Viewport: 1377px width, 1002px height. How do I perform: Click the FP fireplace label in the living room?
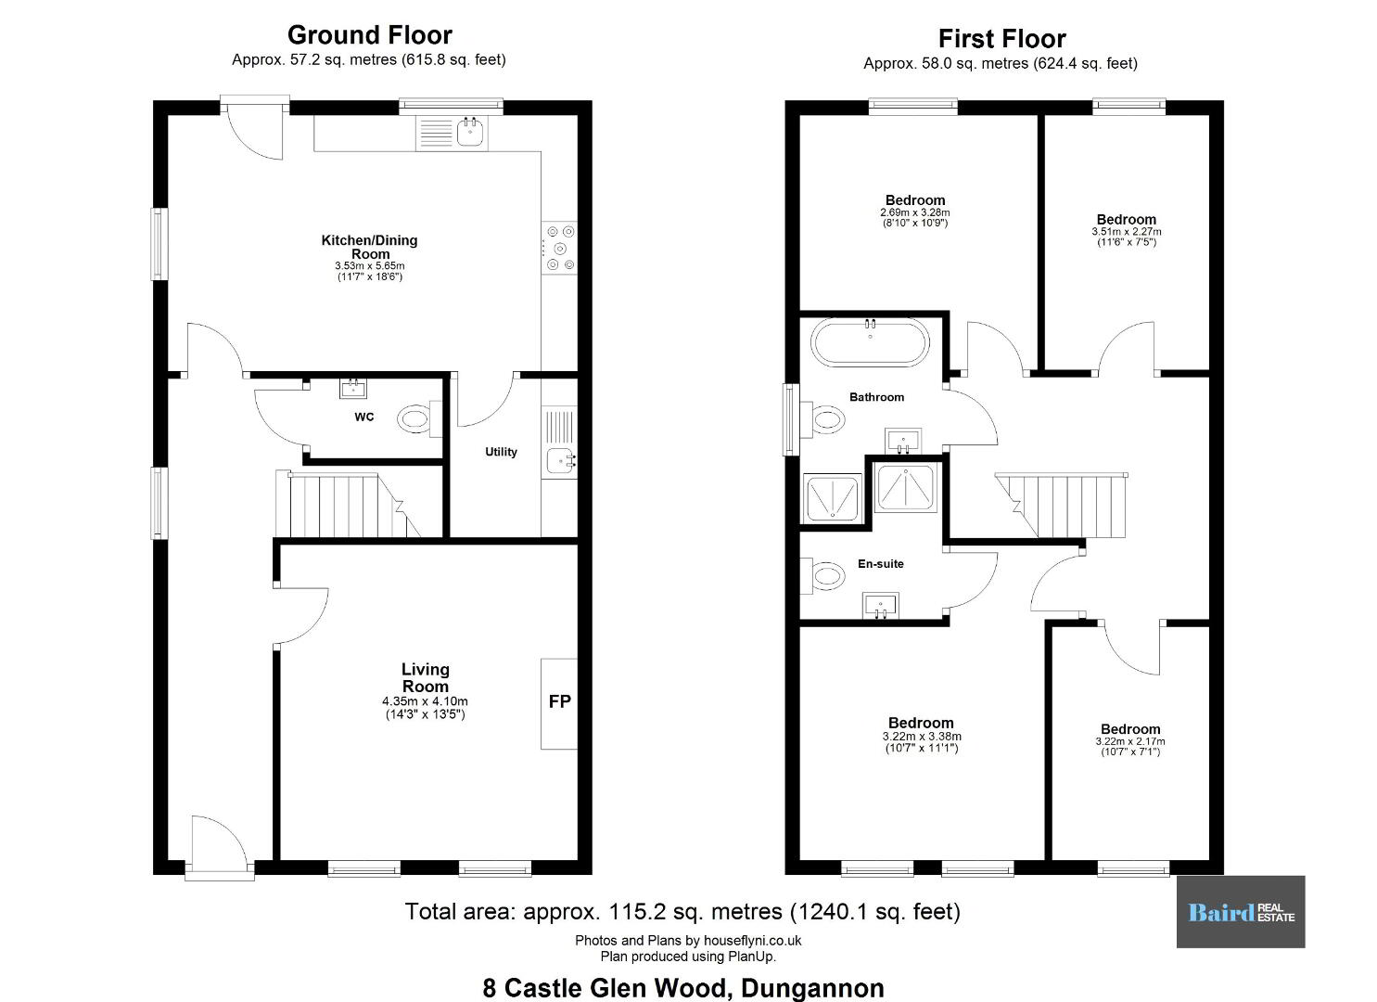[x=559, y=701]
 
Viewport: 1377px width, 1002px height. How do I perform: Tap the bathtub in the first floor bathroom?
[x=870, y=342]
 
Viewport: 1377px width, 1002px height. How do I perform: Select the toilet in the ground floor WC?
[x=420, y=419]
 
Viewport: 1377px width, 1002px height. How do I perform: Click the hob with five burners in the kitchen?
[x=559, y=248]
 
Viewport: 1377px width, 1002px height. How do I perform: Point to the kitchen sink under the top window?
[x=470, y=133]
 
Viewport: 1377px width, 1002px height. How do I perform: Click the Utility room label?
[x=501, y=452]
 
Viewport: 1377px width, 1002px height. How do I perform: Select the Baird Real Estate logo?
[x=1241, y=912]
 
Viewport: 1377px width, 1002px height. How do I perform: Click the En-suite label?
[x=881, y=563]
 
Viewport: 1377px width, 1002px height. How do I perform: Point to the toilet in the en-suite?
[x=822, y=576]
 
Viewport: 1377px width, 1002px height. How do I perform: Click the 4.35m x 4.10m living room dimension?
[x=425, y=701]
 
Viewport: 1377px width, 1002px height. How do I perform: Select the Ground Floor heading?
[x=370, y=35]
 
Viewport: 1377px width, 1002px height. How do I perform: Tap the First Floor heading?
[x=1002, y=39]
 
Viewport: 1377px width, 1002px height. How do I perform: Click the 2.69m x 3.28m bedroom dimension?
[x=914, y=212]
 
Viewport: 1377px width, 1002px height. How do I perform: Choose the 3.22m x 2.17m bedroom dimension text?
[x=1129, y=741]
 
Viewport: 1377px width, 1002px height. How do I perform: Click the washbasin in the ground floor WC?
[x=353, y=388]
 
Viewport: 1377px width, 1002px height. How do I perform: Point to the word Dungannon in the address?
[x=812, y=988]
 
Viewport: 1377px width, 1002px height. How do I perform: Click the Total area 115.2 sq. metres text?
[x=682, y=912]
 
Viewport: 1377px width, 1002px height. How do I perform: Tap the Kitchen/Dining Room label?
[x=369, y=247]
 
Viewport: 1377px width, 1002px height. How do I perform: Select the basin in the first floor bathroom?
[x=903, y=441]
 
